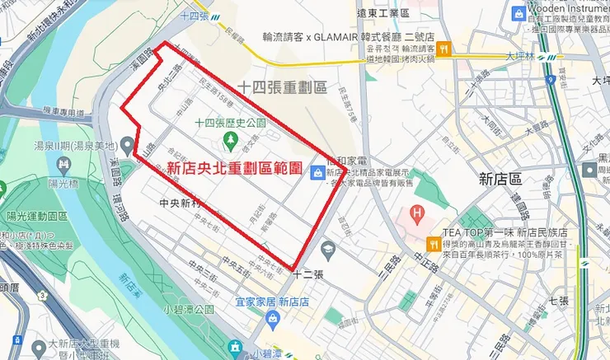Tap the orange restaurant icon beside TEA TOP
pos(434,244)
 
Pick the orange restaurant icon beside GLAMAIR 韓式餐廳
pos(443,49)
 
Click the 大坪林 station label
pos(520,56)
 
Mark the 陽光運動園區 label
pos(36,216)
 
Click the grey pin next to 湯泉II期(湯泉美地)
pos(126,145)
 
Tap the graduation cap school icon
pos(328,248)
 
